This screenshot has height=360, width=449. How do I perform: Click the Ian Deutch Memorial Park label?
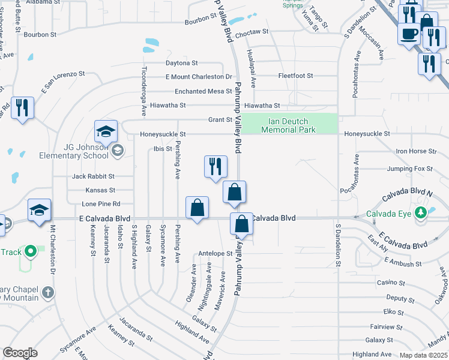289,125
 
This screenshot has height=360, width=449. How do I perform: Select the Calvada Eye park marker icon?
421,213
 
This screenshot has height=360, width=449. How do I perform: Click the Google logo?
20,353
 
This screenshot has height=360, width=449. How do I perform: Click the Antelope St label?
215,254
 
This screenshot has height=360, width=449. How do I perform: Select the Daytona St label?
182,63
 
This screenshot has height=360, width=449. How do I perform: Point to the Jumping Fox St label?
410,169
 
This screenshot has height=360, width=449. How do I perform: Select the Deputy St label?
396,298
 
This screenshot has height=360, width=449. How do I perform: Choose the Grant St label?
220,120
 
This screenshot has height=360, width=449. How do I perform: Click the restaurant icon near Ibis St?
215,167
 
